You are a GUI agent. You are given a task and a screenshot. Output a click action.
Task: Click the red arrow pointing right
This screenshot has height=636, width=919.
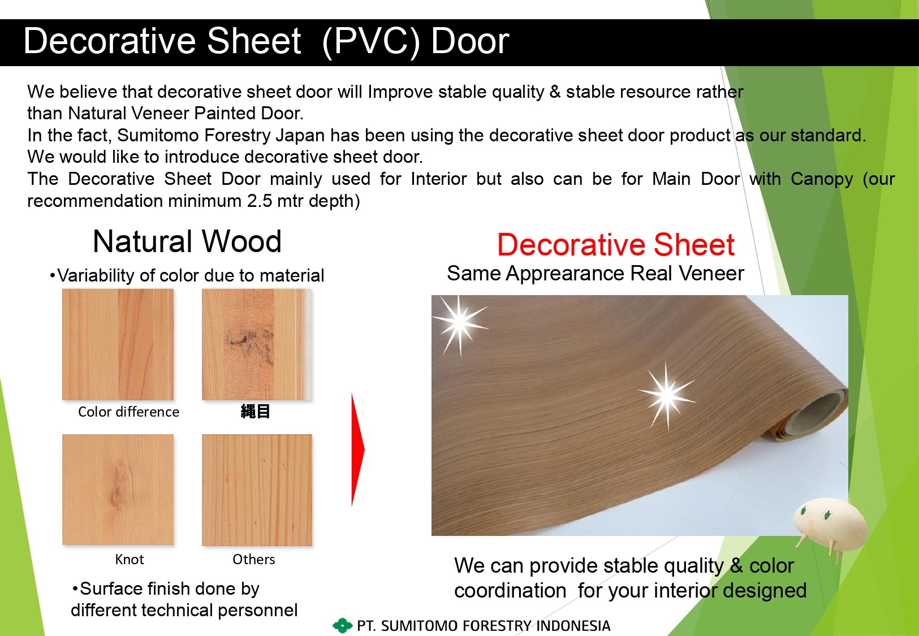tap(357, 449)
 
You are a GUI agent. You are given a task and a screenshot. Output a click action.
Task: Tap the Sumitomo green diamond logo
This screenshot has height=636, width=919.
tap(342, 626)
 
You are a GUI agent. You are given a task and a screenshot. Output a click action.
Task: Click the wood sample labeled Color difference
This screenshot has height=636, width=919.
tap(118, 344)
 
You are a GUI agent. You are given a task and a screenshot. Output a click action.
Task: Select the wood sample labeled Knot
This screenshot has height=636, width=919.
tap(118, 490)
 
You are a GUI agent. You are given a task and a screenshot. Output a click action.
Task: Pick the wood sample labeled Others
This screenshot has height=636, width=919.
tap(257, 490)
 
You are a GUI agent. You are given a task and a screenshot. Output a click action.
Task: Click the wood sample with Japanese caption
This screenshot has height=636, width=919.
tap(257, 344)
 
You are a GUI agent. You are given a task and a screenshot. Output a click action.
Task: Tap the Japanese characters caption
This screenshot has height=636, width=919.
tap(255, 412)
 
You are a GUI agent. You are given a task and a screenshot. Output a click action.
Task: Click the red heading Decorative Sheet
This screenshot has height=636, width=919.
tap(615, 245)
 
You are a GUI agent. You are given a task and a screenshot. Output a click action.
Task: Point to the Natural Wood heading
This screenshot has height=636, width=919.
tap(187, 241)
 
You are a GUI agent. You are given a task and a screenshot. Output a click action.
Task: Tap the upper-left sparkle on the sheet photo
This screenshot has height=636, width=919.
tap(459, 322)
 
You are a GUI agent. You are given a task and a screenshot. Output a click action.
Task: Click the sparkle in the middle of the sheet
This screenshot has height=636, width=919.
tap(667, 395)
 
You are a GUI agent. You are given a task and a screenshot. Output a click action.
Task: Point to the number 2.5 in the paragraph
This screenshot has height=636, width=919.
tap(259, 201)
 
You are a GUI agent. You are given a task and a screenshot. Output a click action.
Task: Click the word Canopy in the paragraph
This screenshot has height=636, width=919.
tap(822, 180)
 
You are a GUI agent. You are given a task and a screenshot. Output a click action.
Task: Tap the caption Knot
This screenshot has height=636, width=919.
tap(130, 559)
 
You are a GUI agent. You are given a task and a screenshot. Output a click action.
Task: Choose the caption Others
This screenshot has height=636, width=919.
tap(253, 559)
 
